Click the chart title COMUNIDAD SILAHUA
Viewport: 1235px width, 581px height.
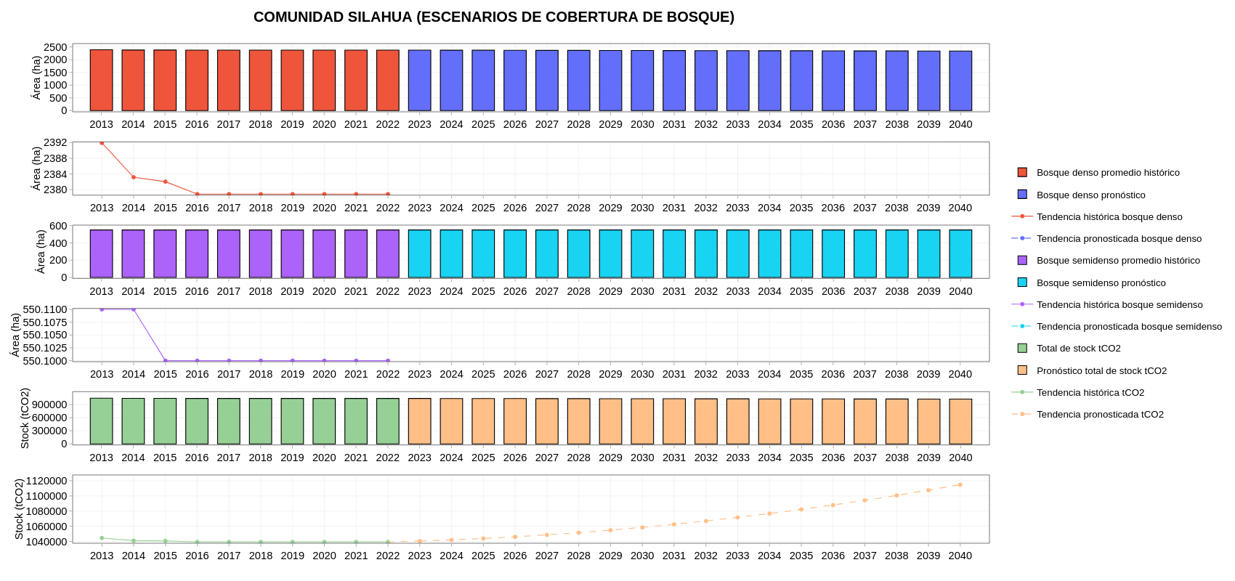tap(493, 17)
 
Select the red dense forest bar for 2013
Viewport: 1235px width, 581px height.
tap(102, 80)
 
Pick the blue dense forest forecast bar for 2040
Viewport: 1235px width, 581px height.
tap(960, 81)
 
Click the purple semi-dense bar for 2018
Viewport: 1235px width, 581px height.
tap(261, 253)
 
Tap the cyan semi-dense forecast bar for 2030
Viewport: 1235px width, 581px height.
tap(642, 253)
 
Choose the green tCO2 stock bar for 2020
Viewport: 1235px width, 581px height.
tap(324, 421)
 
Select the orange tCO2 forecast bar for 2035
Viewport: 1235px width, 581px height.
tap(801, 421)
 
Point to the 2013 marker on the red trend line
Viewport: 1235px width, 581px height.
tap(102, 143)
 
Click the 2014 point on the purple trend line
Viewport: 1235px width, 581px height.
tap(134, 309)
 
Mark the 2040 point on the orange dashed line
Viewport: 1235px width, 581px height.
tap(960, 484)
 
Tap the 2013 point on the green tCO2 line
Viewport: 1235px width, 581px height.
tap(102, 538)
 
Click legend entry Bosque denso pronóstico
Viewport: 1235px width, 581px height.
tap(1090, 195)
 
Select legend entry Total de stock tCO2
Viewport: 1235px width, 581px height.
tap(1078, 349)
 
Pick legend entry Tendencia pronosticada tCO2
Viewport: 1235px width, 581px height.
tap(1100, 415)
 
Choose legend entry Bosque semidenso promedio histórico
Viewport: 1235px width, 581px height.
tap(1118, 261)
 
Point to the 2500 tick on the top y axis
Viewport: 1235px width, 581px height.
tap(55, 47)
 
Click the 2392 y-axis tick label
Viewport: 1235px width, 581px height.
tap(55, 143)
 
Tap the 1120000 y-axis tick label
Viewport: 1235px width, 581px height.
tap(46, 481)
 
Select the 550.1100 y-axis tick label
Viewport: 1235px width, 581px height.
tap(45, 309)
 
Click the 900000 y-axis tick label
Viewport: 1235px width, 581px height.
tap(49, 405)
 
